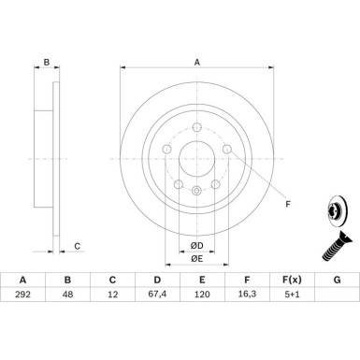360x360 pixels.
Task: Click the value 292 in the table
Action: tap(22, 294)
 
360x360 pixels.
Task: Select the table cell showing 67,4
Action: tap(157, 294)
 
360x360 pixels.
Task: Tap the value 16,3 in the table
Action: tap(247, 294)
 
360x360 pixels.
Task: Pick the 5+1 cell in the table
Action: tap(292, 294)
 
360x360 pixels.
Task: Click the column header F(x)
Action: tap(292, 280)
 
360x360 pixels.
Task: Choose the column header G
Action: tap(337, 280)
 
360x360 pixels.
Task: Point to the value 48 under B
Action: tap(67, 294)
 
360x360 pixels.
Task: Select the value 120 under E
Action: tap(202, 294)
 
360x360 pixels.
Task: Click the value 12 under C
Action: tap(112, 294)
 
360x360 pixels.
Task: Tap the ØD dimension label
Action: tap(197, 246)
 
